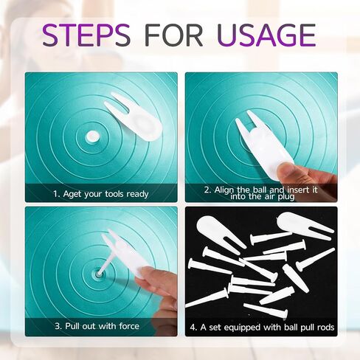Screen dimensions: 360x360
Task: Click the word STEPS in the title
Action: coord(86,35)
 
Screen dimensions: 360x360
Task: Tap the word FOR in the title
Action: coord(174,35)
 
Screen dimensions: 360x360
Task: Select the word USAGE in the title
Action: coord(266,35)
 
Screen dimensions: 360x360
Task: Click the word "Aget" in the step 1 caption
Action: coord(72,194)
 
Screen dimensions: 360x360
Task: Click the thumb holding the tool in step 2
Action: coord(288,171)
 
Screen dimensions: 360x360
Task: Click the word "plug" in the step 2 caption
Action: coord(286,197)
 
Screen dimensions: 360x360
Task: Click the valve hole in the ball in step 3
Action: coord(98,274)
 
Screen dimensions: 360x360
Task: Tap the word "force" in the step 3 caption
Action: coord(129,326)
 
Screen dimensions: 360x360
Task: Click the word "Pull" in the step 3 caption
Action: coord(72,326)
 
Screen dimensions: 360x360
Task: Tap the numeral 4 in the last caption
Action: coord(193,328)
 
